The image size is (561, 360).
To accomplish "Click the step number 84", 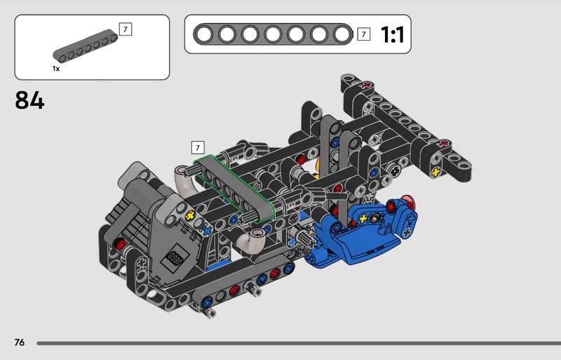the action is pyautogui.click(x=29, y=100).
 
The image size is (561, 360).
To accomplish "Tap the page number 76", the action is pyautogui.click(x=20, y=342).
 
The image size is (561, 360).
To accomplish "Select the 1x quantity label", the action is pyautogui.click(x=56, y=68).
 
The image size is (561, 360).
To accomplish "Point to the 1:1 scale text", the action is pyautogui.click(x=392, y=35).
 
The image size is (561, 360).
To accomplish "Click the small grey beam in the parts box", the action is pyautogui.click(x=85, y=46).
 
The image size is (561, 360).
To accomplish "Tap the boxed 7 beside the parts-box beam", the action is pyautogui.click(x=126, y=29).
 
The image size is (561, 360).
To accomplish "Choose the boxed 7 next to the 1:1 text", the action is pyautogui.click(x=363, y=34).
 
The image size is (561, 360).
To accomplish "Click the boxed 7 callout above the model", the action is pyautogui.click(x=198, y=147).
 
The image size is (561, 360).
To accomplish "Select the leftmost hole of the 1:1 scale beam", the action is pyautogui.click(x=204, y=35).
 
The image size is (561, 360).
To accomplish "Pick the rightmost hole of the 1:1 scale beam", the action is pyautogui.click(x=342, y=35).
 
